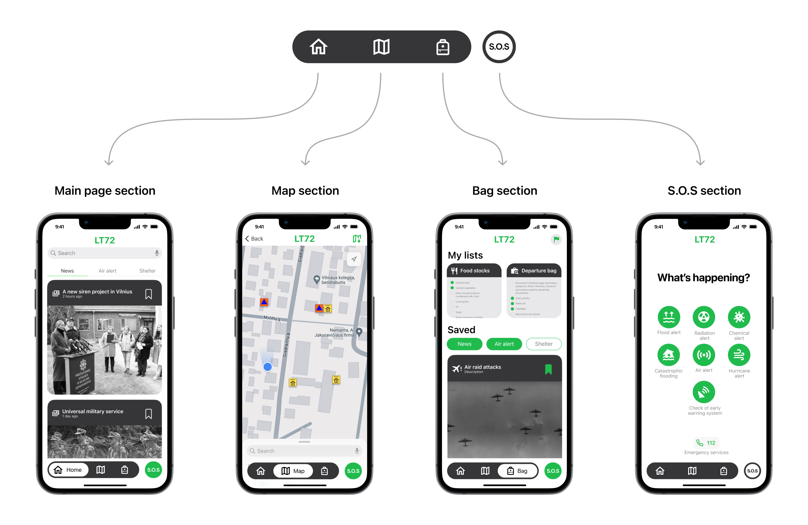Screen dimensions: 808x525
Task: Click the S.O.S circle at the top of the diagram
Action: pos(499,47)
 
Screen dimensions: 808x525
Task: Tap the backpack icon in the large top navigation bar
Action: pos(443,47)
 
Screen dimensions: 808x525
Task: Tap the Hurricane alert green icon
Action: pos(739,355)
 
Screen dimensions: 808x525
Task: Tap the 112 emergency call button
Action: pos(706,443)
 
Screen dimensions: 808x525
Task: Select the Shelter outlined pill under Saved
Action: pos(544,344)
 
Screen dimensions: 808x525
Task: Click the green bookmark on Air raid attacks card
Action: pos(548,369)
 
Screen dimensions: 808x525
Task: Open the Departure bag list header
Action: pos(534,271)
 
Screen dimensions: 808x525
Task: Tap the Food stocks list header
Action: pos(474,271)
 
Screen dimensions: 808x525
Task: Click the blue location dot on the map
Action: pos(267,366)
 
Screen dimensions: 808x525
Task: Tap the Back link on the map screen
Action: pos(254,239)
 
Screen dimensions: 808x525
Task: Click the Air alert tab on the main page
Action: pos(107,271)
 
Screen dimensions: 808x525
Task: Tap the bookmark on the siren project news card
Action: pos(148,294)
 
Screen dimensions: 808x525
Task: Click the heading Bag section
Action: pos(504,191)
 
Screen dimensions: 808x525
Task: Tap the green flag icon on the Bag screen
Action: pos(556,239)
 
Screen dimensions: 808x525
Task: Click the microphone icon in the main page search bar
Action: pos(157,253)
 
